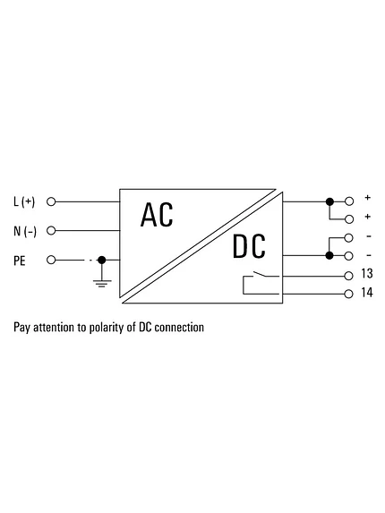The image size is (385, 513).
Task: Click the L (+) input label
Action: (24, 201)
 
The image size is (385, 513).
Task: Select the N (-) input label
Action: (25, 231)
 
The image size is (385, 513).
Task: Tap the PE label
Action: (20, 261)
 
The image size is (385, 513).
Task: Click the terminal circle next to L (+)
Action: (51, 201)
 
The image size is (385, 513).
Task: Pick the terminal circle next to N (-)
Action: (51, 231)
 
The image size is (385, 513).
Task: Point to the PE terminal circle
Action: (51, 261)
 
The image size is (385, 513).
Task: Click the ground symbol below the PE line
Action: (102, 283)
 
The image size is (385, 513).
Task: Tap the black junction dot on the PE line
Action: (102, 261)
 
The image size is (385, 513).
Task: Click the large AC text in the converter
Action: (157, 215)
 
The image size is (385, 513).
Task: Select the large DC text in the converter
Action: (249, 246)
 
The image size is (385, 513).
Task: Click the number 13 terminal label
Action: (367, 274)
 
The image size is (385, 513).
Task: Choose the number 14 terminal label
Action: (367, 293)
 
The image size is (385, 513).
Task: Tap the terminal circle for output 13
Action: (348, 276)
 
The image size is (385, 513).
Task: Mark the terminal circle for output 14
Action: (348, 294)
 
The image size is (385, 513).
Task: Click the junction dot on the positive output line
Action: (329, 201)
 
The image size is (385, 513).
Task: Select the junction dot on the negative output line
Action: (329, 255)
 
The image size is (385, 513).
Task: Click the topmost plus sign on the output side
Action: (368, 197)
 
